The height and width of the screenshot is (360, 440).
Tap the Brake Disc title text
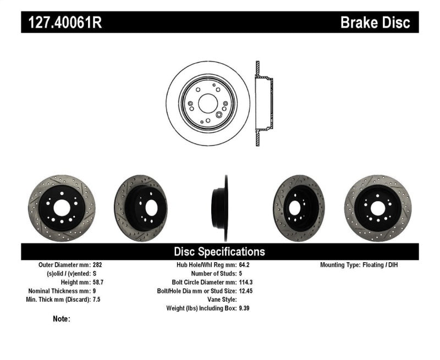pos(375,23)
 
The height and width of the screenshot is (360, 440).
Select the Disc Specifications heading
pos(219,252)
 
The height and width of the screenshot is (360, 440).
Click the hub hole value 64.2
pos(244,264)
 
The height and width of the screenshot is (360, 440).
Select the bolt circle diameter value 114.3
pos(245,282)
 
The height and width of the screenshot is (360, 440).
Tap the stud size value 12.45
pos(245,291)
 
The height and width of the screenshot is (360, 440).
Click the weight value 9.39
pos(244,308)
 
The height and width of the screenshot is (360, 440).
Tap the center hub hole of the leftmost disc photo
pos(61,207)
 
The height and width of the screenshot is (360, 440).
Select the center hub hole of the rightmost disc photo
pos(378,208)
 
